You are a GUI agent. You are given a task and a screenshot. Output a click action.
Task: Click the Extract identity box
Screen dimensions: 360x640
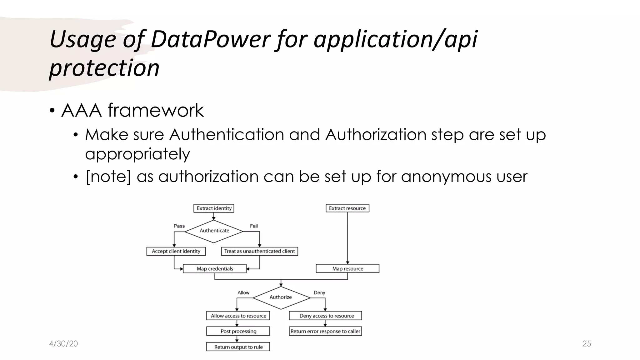click(214, 208)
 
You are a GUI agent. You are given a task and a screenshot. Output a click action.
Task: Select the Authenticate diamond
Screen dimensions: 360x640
click(214, 231)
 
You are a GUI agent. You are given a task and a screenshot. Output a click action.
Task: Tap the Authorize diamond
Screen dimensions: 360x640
click(281, 297)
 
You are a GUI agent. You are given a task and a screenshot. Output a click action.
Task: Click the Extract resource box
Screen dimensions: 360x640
click(347, 208)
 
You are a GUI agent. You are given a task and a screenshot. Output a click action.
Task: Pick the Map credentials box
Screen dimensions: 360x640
click(215, 269)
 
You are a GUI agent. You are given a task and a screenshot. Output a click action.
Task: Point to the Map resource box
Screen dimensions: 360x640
click(347, 269)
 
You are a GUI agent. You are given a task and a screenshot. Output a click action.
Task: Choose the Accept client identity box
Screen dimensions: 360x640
click(176, 251)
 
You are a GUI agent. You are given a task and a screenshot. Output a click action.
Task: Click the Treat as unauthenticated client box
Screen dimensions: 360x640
click(259, 251)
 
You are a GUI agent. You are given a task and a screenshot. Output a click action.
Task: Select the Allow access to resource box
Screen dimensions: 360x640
click(238, 316)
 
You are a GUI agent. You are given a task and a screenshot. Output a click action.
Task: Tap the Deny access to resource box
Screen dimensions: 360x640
click(326, 316)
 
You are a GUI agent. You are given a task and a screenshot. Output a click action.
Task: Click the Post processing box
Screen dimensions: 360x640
click(238, 331)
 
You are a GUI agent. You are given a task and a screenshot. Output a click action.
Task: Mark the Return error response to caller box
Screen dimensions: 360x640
click(325, 331)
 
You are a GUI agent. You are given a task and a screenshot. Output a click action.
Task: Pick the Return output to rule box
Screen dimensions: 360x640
click(238, 347)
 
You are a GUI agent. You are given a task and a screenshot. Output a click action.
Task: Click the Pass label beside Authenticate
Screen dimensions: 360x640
click(179, 226)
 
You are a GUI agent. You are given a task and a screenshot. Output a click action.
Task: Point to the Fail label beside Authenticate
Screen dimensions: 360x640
click(254, 226)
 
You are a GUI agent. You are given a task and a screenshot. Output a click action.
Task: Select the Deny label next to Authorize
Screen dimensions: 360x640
click(319, 293)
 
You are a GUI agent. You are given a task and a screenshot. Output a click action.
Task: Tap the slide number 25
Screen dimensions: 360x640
click(587, 344)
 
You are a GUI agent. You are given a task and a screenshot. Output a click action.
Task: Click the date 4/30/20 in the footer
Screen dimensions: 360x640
click(63, 344)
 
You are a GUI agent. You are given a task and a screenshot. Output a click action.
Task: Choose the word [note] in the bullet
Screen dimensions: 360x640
click(108, 177)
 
